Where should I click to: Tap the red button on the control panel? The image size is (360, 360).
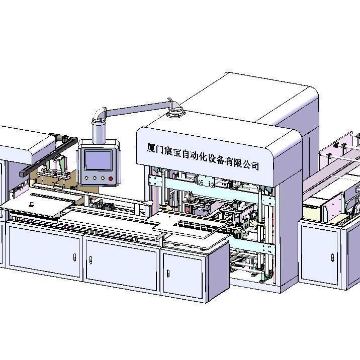(x=111, y=178)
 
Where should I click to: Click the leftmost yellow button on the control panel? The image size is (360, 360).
(x=86, y=177)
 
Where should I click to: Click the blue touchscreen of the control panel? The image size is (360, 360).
(x=98, y=160)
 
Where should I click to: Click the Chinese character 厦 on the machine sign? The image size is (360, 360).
(x=151, y=148)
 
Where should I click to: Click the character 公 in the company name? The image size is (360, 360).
(x=247, y=164)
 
